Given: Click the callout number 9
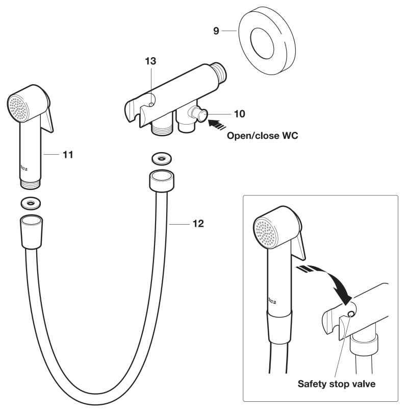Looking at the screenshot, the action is tap(216, 31).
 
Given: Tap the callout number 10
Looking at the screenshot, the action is tap(239, 114).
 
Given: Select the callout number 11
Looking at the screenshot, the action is tap(68, 155).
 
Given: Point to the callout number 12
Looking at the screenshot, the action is tap(198, 224).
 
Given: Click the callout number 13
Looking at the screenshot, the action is tap(150, 61).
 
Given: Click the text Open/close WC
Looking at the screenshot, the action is tap(263, 136).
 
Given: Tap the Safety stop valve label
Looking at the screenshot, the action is tap(336, 384).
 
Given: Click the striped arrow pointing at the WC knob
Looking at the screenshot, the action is tap(217, 124).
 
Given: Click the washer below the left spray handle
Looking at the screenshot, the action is tap(31, 203).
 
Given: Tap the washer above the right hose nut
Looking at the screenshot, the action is tap(162, 159).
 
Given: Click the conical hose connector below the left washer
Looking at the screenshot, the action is tap(32, 232).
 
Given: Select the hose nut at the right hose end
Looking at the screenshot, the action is tap(162, 181).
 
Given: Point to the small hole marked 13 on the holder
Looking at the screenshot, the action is tap(151, 105).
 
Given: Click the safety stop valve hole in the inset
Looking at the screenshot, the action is tap(350, 313).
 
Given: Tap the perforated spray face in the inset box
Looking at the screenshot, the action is tap(265, 233).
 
